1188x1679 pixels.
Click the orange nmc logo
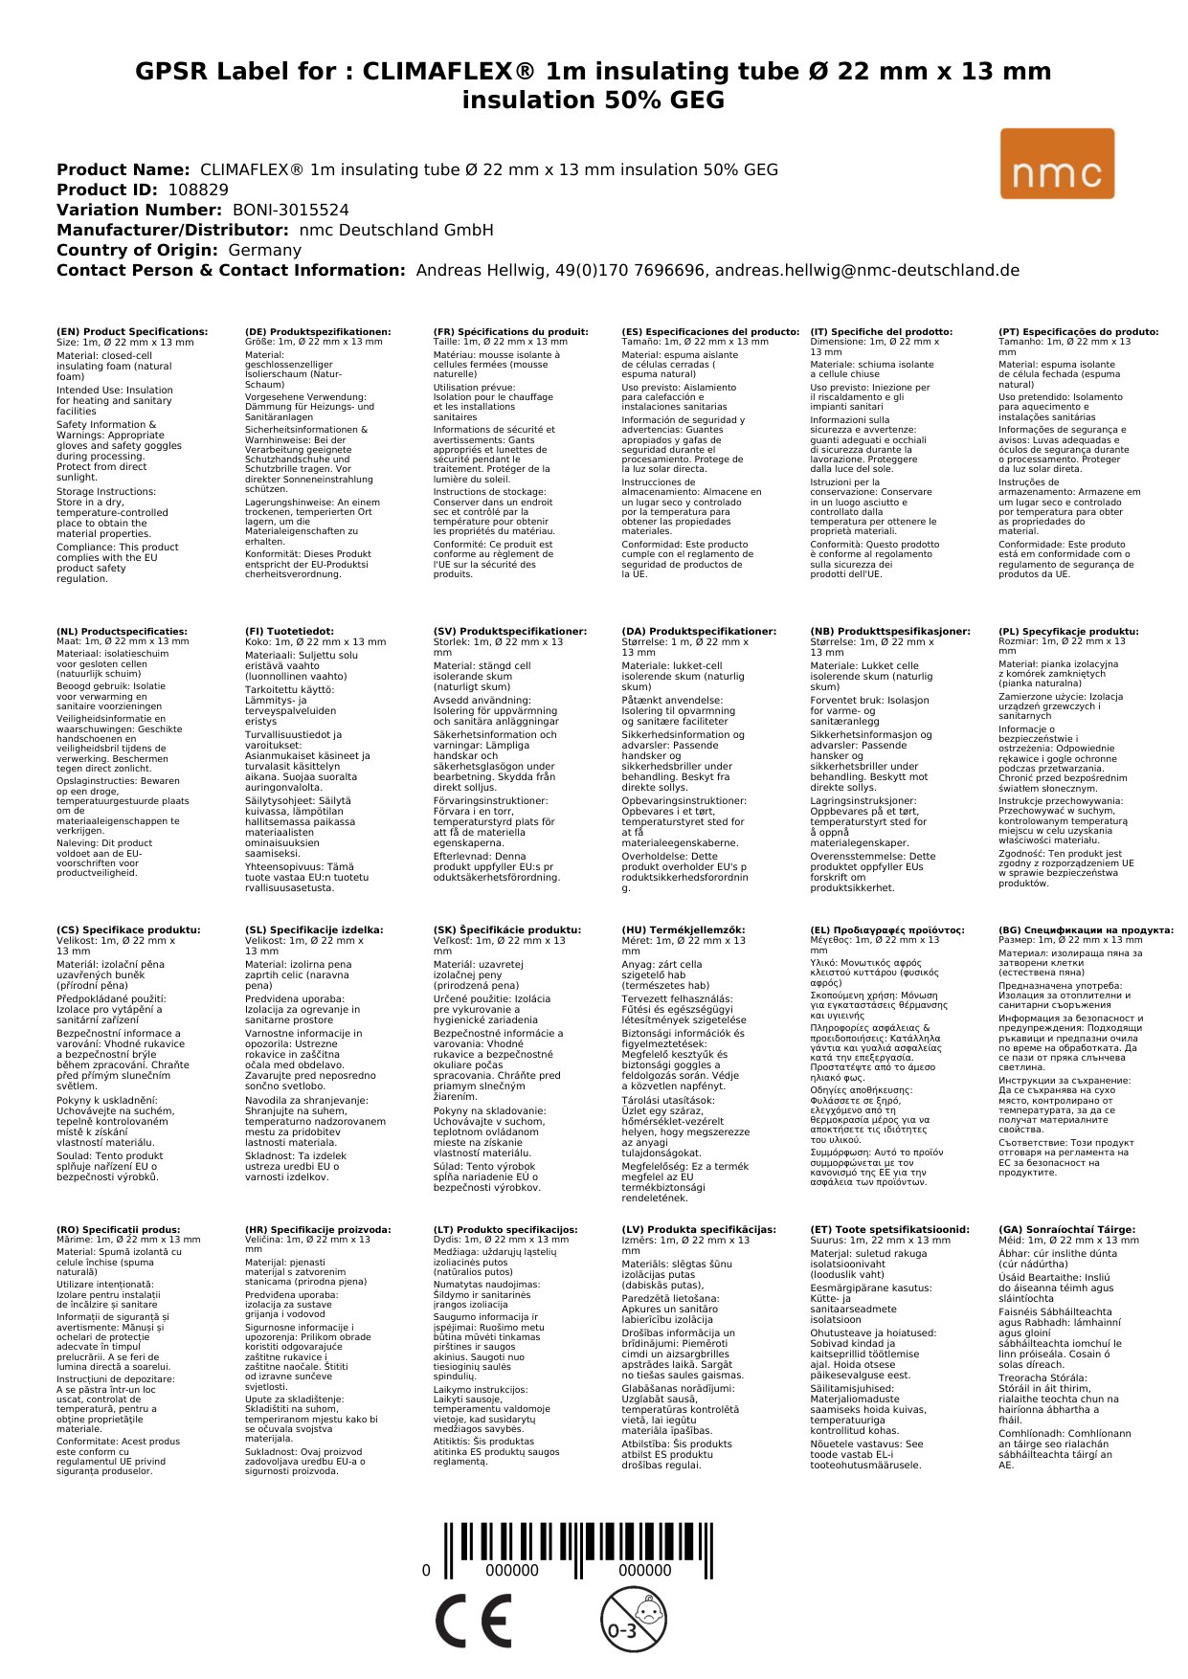tap(1057, 164)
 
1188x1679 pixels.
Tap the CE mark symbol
tap(473, 1621)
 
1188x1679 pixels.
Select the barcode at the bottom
tap(578, 1552)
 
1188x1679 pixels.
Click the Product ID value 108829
tap(198, 190)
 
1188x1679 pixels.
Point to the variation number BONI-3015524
tap(291, 210)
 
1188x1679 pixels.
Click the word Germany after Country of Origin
tap(264, 250)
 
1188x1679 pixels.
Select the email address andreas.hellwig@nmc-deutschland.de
tap(867, 270)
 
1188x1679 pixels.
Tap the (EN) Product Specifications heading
tap(132, 332)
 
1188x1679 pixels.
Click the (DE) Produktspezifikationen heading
tap(318, 332)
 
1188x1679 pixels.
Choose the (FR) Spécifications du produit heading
tap(510, 332)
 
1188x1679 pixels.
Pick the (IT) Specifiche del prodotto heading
tap(881, 332)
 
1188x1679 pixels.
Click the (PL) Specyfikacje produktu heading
tap(1068, 632)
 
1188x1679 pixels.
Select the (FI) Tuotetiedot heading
tap(289, 632)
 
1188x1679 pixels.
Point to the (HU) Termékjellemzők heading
tap(683, 929)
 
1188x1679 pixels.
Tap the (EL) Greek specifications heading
tap(887, 929)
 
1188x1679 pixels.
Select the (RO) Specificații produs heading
tap(118, 1229)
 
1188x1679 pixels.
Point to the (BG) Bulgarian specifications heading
tap(1086, 929)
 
